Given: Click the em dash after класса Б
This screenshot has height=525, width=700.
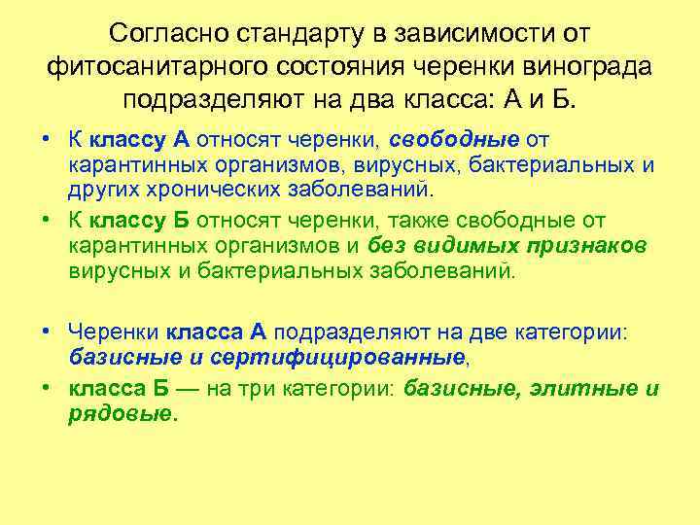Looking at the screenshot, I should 228,390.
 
